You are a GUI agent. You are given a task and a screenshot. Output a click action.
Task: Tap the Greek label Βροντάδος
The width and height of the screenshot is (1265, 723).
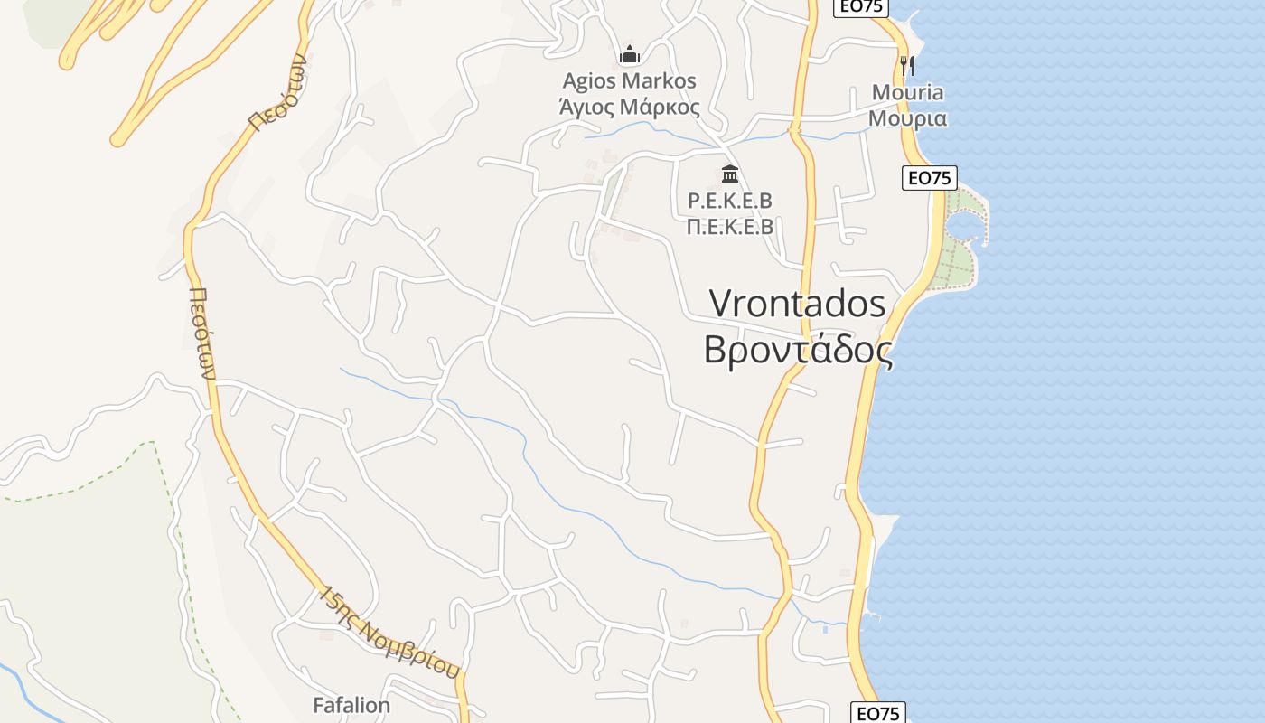click(x=797, y=351)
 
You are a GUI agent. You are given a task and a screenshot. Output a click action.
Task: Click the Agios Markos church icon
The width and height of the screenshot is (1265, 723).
click(x=630, y=54)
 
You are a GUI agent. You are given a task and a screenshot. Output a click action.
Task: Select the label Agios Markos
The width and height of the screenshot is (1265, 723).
click(x=630, y=81)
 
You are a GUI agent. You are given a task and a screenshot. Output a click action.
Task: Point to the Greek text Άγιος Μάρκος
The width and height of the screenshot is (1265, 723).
click(x=630, y=107)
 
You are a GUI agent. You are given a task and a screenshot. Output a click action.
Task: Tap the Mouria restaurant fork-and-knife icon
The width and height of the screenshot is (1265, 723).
click(x=907, y=65)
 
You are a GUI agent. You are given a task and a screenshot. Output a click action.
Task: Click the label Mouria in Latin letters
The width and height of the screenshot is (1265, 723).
click(x=907, y=92)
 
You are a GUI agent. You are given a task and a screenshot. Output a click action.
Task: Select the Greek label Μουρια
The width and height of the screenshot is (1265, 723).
click(x=907, y=117)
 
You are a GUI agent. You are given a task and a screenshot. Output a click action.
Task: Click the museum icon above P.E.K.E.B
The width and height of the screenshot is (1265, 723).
click(x=730, y=173)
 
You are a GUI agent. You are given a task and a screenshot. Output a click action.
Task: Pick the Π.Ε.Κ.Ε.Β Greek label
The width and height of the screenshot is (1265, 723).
click(x=730, y=226)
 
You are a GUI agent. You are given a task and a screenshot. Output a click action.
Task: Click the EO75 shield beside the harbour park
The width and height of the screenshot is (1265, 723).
click(x=930, y=178)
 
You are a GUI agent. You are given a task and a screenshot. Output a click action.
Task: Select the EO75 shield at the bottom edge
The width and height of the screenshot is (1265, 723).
click(x=878, y=713)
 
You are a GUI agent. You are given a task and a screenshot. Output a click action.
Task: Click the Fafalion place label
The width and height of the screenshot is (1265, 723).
click(x=351, y=705)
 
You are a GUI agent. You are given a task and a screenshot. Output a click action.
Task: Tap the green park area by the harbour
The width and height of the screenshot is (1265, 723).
click(x=958, y=262)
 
